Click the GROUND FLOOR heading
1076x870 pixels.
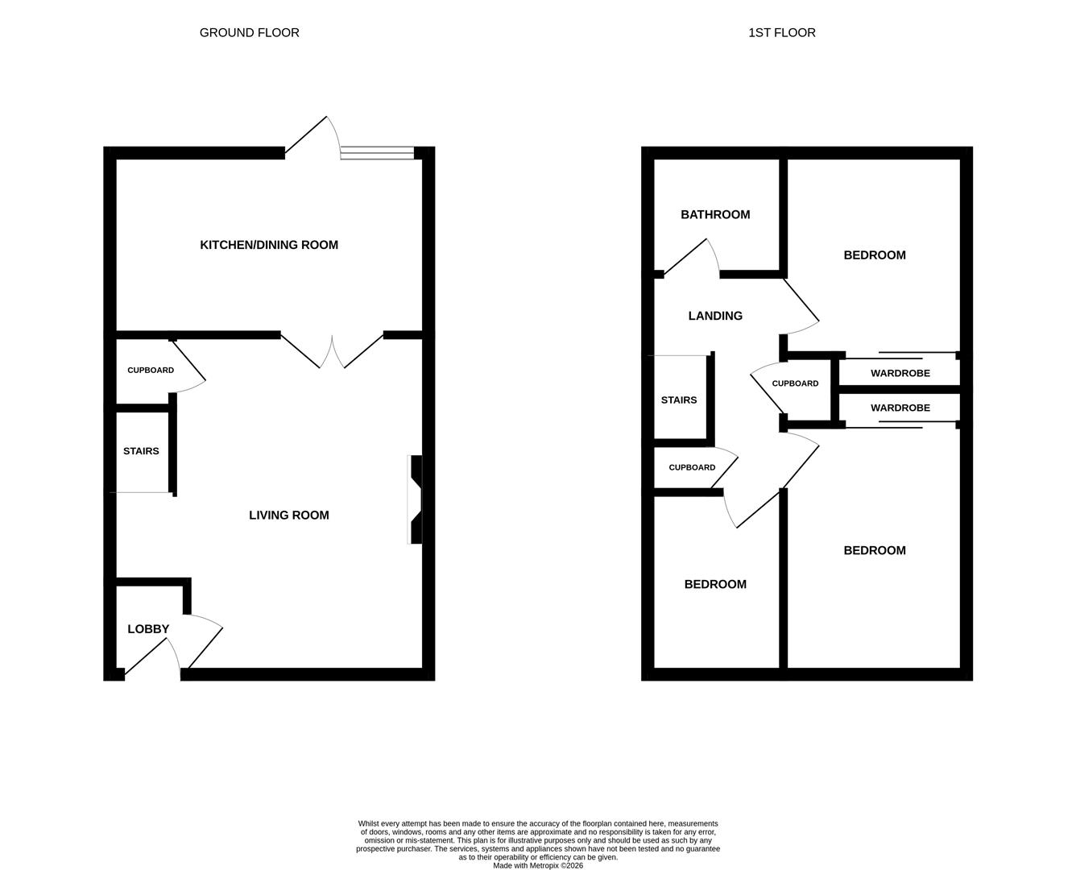(249, 33)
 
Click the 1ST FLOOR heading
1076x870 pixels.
(781, 33)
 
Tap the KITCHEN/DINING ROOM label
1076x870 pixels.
(269, 245)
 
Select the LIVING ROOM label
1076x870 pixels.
(288, 516)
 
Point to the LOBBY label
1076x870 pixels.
(148, 629)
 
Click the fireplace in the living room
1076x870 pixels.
(415, 499)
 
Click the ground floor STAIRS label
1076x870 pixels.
(141, 451)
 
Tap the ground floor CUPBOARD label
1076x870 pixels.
(151, 371)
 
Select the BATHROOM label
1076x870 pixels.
(715, 215)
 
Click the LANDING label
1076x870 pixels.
(715, 316)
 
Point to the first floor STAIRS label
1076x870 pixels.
(678, 400)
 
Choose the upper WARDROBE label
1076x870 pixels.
(900, 373)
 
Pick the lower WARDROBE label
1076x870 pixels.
(900, 408)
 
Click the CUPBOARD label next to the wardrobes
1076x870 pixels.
(795, 383)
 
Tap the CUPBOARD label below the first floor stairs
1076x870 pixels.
(692, 467)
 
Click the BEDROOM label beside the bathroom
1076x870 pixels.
(874, 255)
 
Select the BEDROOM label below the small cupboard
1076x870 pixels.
(715, 585)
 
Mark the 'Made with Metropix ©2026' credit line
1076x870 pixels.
(537, 865)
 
